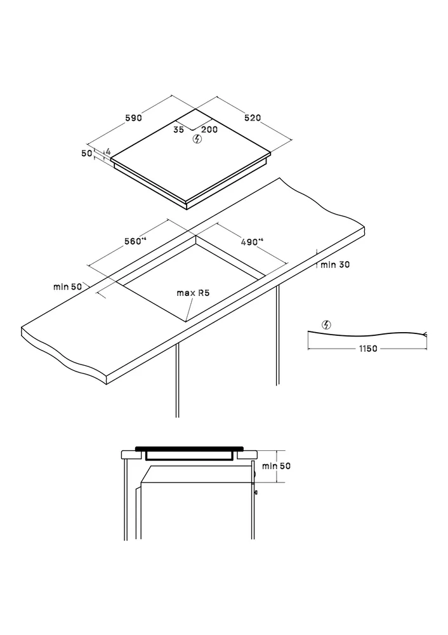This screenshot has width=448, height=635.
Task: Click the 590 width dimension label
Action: click(x=133, y=118)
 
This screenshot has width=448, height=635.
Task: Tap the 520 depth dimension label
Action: click(x=253, y=118)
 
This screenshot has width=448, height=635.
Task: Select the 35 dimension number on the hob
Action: click(x=178, y=130)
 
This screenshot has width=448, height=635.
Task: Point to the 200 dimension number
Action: click(x=209, y=130)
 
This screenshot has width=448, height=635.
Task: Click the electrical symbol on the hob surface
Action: click(x=197, y=139)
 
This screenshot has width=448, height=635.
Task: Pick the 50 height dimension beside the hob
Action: click(x=86, y=154)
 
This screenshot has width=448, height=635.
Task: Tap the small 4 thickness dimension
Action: click(x=108, y=152)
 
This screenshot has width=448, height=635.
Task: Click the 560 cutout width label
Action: click(x=135, y=241)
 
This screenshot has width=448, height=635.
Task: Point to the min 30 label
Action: click(x=335, y=265)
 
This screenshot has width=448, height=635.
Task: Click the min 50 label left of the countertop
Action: click(x=68, y=287)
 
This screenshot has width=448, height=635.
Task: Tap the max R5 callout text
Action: click(x=193, y=293)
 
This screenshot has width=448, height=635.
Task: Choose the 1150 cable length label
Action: click(x=368, y=348)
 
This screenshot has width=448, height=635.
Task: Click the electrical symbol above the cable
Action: click(x=326, y=324)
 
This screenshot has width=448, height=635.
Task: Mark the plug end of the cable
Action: click(x=425, y=334)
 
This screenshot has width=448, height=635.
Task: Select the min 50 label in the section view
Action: click(x=276, y=466)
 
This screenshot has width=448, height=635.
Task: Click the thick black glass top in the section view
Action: click(x=190, y=448)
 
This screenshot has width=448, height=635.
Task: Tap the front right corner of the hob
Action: click(x=187, y=202)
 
